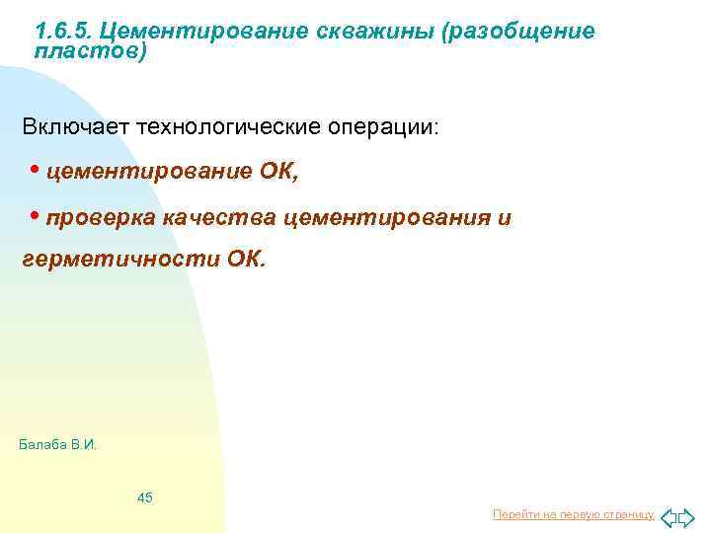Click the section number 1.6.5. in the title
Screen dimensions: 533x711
62,32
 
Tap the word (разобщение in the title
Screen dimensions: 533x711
519,32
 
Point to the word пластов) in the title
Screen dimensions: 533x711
90,50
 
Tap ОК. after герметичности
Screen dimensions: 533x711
247,260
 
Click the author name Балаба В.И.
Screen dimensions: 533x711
58,445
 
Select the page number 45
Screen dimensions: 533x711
145,497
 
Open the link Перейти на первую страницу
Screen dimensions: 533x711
573,514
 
